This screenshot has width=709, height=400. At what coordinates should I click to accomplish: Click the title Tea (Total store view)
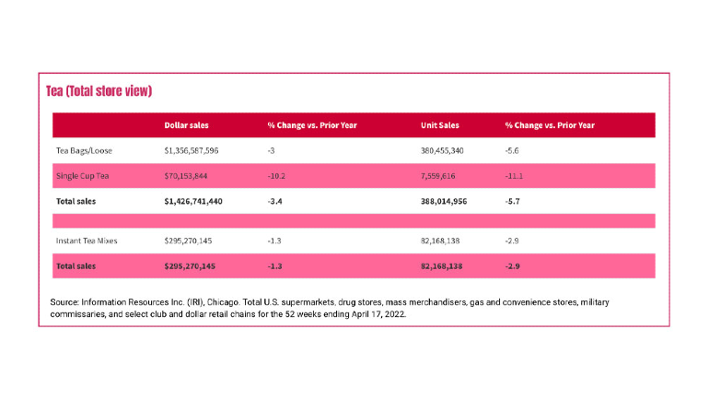99,91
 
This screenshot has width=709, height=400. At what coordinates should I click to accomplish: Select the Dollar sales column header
186,125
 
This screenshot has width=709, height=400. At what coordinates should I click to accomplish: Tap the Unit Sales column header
439,125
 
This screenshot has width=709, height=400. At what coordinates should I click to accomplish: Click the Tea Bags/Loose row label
84,150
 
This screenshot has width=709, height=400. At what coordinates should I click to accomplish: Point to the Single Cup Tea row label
82,176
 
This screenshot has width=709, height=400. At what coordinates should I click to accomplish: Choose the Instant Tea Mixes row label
87,241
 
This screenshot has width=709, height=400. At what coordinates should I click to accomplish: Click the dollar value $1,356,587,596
192,150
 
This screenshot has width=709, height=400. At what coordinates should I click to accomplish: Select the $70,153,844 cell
186,176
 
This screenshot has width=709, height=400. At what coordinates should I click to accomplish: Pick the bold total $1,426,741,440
193,201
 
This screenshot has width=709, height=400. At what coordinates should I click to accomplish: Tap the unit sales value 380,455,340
442,150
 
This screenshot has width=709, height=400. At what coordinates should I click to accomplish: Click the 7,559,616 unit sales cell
437,176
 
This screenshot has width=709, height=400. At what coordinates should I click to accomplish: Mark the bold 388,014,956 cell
444,201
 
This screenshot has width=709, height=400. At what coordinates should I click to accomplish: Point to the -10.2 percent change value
276,176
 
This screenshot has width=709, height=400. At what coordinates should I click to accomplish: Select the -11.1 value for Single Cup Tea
514,176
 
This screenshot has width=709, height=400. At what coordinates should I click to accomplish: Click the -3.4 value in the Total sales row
274,201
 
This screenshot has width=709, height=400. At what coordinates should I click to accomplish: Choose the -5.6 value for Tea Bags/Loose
512,150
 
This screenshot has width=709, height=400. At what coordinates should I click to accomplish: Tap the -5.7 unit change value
512,201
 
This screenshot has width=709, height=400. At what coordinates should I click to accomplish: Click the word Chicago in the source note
223,302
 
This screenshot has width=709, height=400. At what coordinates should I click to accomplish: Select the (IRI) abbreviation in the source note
196,302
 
